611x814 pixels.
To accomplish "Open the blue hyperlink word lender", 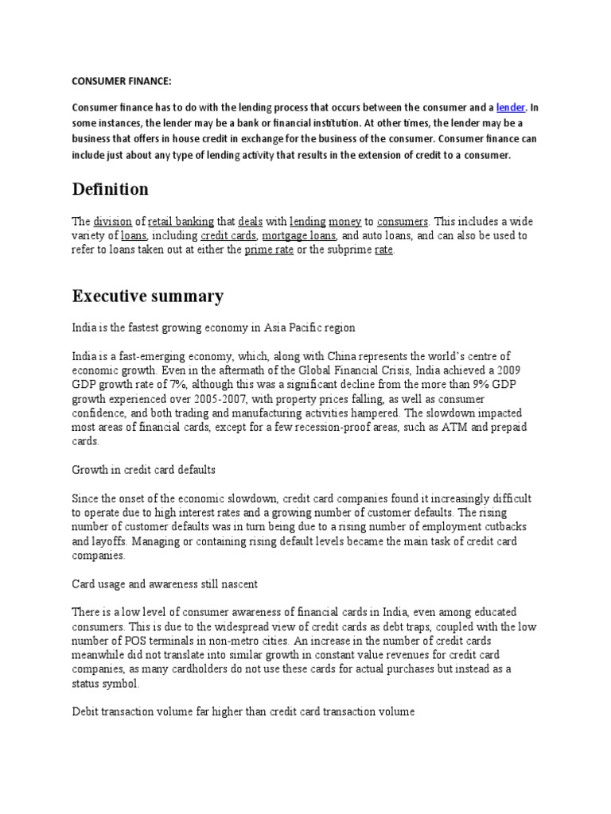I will [x=512, y=107].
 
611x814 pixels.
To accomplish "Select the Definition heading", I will [x=110, y=189].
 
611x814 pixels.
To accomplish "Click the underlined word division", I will [x=112, y=221].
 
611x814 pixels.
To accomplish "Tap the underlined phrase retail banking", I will [x=180, y=221].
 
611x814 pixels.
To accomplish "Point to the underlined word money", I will [x=344, y=221].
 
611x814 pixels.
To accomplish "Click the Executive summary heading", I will [x=148, y=297].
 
